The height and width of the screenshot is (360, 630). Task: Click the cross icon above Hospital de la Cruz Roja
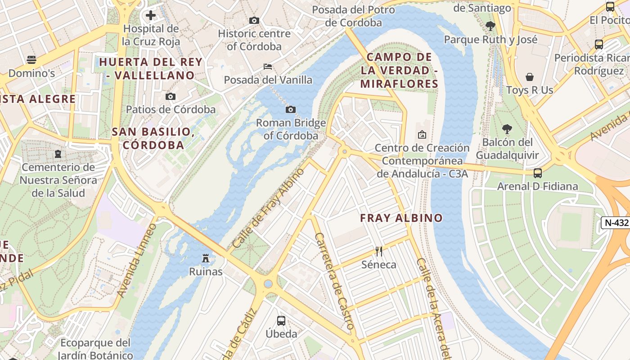tap(151, 16)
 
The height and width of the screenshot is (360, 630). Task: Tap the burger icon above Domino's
tap(31, 59)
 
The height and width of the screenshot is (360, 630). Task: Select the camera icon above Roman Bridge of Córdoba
tap(291, 109)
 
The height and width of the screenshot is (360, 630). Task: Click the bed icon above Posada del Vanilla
tap(268, 67)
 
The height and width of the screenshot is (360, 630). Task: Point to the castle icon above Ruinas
tap(206, 258)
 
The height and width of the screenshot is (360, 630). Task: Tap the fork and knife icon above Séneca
tap(379, 251)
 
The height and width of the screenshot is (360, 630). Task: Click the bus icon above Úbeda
tap(281, 320)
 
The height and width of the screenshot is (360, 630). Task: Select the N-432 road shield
tap(615, 222)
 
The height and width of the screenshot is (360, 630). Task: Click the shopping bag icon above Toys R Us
tap(530, 77)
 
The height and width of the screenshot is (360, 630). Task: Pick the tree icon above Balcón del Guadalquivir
tap(507, 129)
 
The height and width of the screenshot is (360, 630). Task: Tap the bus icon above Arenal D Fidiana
tap(537, 173)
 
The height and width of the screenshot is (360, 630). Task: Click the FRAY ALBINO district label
tap(401, 218)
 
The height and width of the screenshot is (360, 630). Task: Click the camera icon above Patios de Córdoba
tap(171, 96)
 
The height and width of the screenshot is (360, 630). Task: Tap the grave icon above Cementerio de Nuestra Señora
tap(58, 154)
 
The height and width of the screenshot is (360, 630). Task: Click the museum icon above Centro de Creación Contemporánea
tap(422, 135)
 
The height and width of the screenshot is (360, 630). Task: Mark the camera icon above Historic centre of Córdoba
tap(254, 20)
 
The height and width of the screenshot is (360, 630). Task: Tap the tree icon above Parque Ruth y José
tap(490, 26)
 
